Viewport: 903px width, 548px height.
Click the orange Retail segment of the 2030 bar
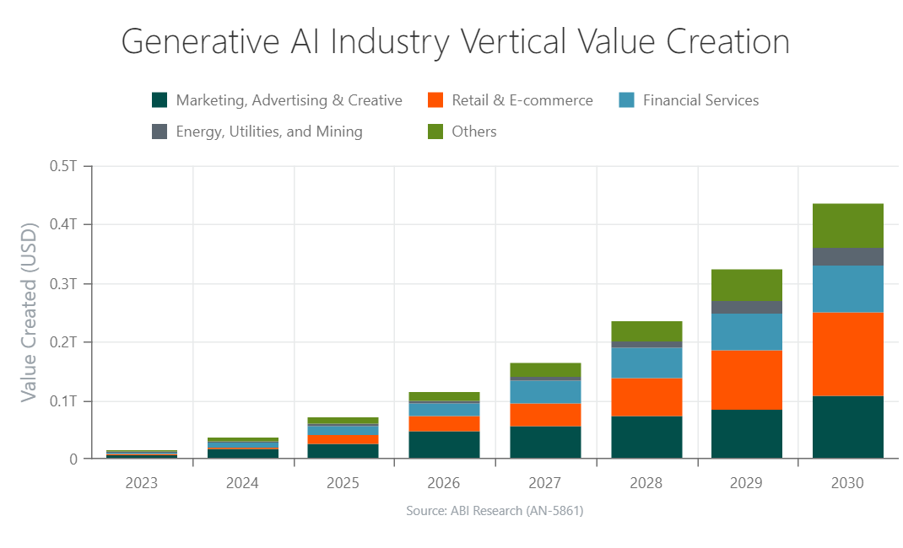coord(847,354)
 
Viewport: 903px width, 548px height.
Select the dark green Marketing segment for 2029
coord(747,433)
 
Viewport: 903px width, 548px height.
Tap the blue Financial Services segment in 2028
coord(646,363)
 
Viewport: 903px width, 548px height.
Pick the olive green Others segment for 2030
coord(847,225)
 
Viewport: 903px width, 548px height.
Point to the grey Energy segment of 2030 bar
coord(847,256)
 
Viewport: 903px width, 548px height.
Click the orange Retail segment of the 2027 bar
coord(545,415)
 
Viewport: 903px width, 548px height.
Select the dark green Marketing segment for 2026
coord(444,444)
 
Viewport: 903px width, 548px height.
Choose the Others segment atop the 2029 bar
coord(747,285)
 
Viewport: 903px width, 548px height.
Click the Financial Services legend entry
coord(700,100)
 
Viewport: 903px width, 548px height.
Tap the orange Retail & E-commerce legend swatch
coord(435,100)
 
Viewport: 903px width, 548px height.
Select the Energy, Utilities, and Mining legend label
coord(269,132)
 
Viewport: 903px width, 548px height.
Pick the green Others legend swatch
coord(435,132)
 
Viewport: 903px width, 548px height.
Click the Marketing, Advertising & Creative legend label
coord(289,100)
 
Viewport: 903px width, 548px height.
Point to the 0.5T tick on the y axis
coord(63,166)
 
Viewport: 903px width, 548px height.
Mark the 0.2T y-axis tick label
coord(63,342)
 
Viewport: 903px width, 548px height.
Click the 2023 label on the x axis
coord(141,483)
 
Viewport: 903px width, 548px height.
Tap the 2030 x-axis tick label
coord(847,483)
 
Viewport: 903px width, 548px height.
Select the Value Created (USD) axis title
coord(29,313)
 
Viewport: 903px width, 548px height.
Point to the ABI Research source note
coord(495,511)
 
